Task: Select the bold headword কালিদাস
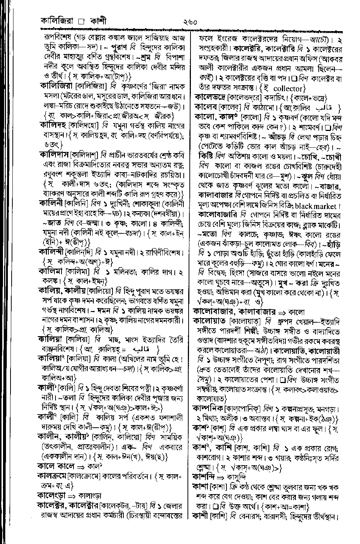click(54, 155)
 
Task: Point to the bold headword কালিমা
click(51, 270)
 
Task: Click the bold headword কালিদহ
click(53, 126)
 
